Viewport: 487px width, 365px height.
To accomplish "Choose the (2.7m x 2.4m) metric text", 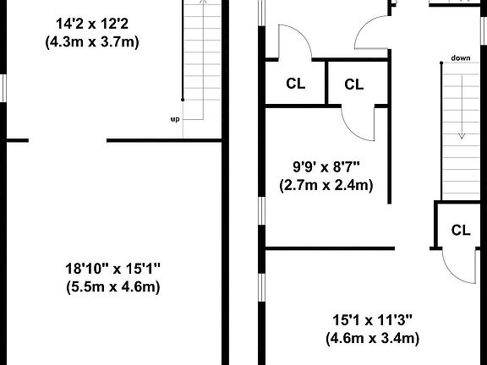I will tap(326, 185).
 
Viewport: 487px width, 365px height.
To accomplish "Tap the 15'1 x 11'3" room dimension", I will tap(372, 320).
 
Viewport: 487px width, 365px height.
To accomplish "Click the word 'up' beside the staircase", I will tap(175, 119).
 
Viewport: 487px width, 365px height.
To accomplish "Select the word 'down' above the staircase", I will tap(461, 58).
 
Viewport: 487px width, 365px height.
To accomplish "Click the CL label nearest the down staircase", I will tap(461, 229).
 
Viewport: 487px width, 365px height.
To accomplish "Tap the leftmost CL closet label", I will tap(295, 84).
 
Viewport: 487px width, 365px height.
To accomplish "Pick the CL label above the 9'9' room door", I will tap(354, 84).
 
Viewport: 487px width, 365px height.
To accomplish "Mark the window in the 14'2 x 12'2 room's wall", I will tap(3, 87).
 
